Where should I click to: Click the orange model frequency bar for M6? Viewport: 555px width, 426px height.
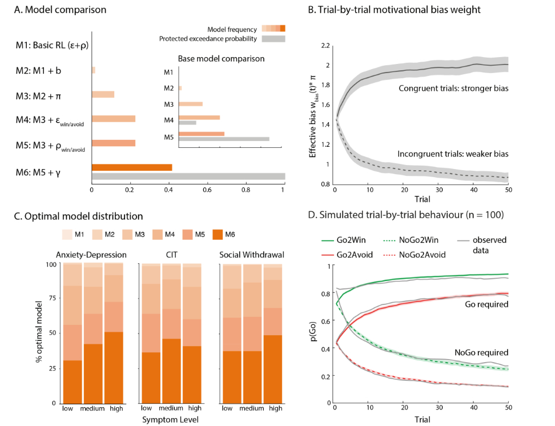click(x=132, y=167)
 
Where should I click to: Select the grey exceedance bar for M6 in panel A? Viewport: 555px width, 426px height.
click(x=188, y=176)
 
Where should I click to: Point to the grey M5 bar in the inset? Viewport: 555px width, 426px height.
click(x=224, y=138)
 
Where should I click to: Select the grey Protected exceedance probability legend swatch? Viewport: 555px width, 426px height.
click(x=274, y=39)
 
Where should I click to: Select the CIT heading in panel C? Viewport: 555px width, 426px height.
click(x=170, y=255)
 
